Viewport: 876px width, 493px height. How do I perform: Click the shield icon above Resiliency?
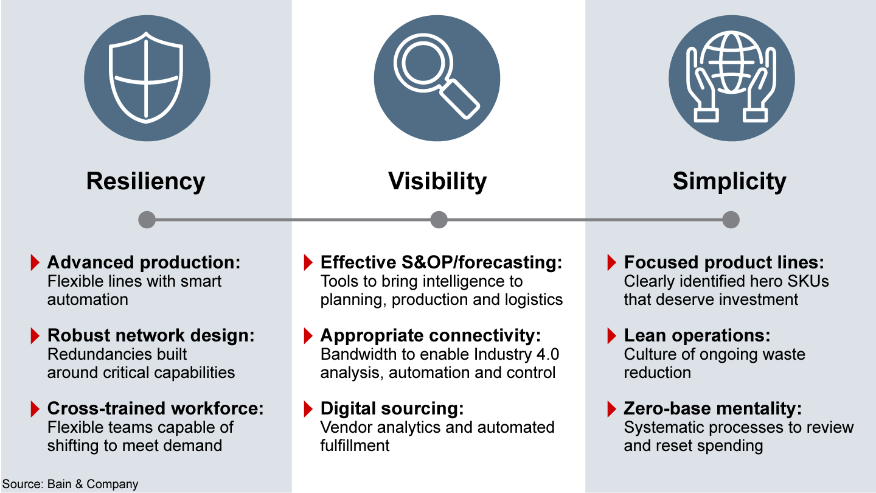tap(146, 77)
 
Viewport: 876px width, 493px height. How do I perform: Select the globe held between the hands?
tap(731, 63)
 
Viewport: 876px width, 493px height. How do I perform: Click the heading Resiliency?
tap(146, 181)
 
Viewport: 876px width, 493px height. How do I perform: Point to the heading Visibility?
tap(437, 181)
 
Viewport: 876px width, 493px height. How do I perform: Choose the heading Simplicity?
tap(730, 181)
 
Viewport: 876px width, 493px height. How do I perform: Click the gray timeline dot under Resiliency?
tap(147, 220)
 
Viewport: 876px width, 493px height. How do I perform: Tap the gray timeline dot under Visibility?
tap(439, 220)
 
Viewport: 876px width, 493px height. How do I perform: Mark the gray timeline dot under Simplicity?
tap(731, 220)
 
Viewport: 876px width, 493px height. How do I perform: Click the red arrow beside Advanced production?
tap(35, 262)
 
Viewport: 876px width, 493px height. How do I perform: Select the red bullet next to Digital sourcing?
tap(308, 409)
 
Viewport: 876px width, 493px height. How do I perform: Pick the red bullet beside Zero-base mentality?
tap(611, 409)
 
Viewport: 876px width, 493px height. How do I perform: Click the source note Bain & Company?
tap(92, 484)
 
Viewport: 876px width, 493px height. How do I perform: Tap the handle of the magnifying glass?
tap(459, 99)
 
